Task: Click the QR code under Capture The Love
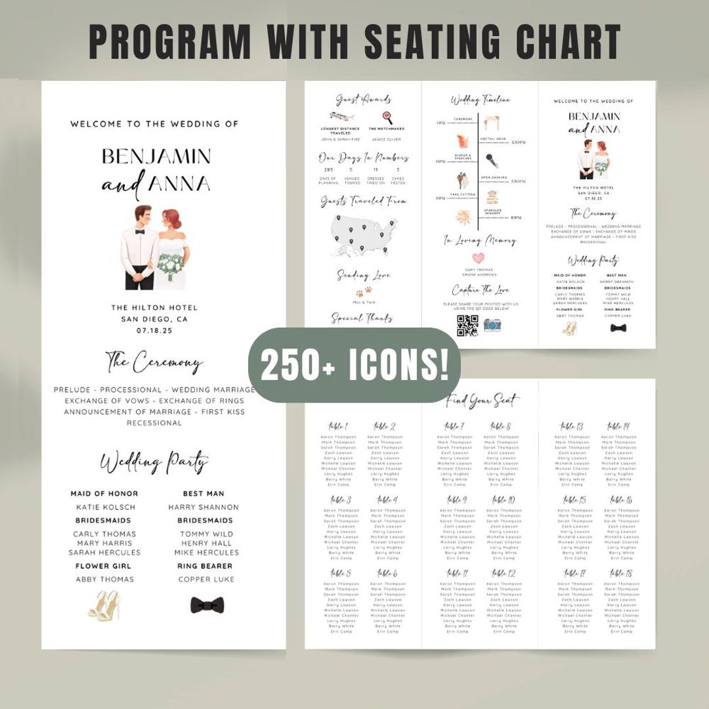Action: click(467, 326)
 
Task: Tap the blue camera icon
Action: click(492, 324)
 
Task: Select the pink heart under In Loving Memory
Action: click(479, 258)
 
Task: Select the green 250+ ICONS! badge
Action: click(354, 365)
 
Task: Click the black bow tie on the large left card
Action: click(204, 604)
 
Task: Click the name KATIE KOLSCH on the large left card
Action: click(106, 507)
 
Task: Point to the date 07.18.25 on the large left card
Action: click(154, 331)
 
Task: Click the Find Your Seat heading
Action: click(483, 400)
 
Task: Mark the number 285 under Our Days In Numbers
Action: click(329, 169)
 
